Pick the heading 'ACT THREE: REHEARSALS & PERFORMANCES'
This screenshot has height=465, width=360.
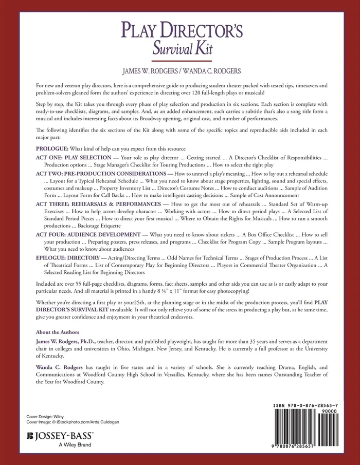[x=96, y=205]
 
